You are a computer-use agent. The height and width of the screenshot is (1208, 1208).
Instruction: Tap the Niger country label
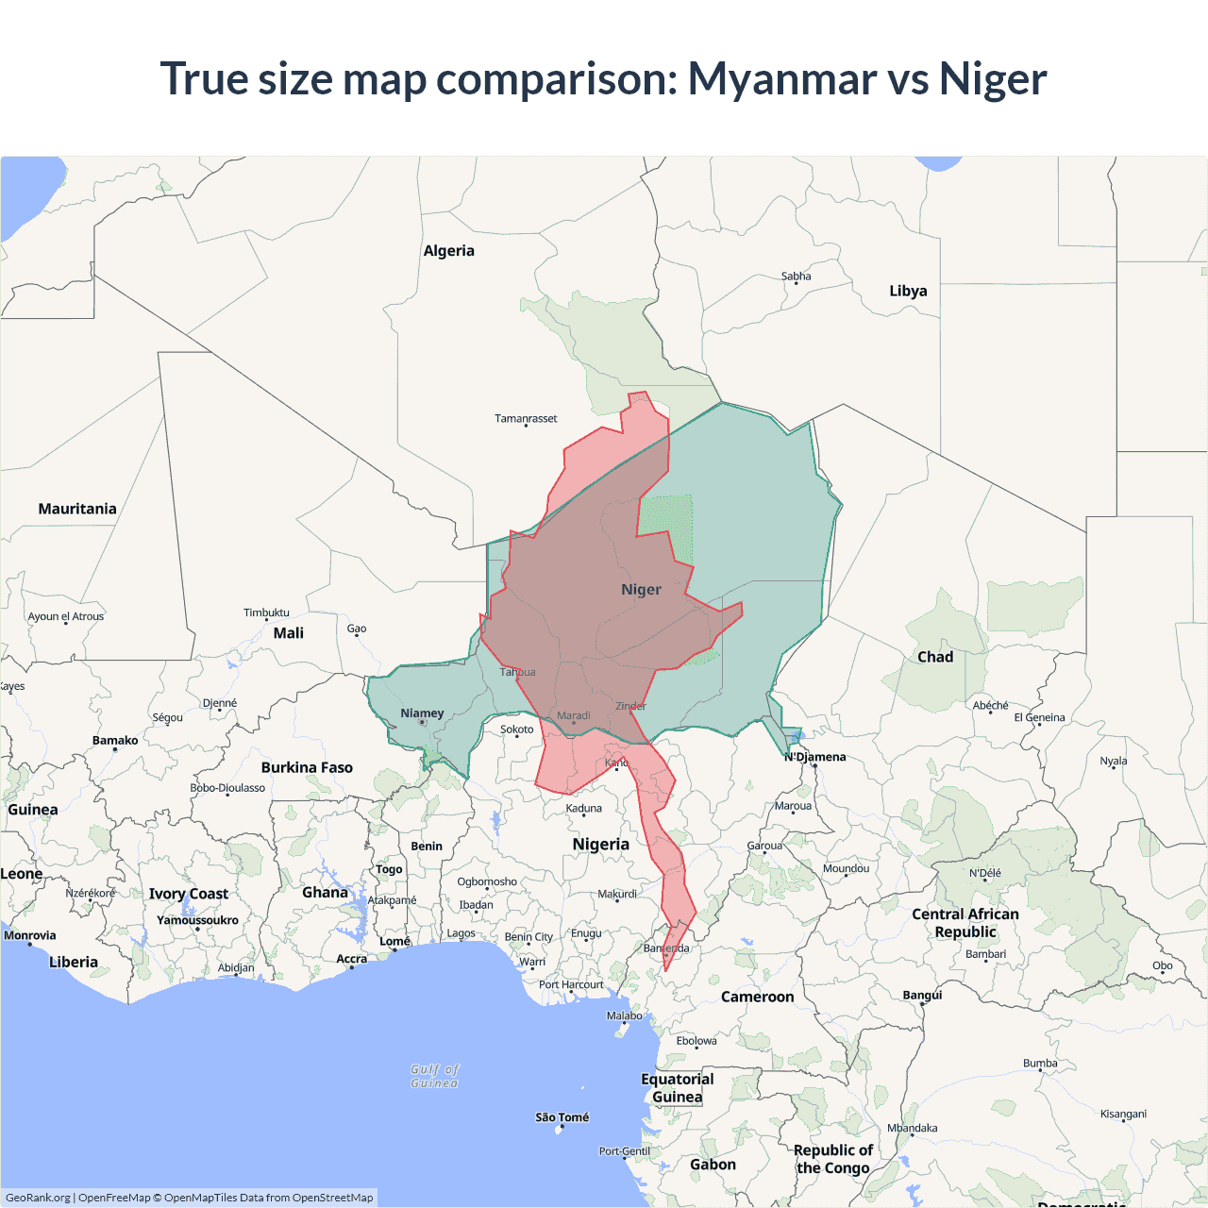point(641,590)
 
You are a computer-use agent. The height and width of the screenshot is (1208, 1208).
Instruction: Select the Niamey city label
point(422,713)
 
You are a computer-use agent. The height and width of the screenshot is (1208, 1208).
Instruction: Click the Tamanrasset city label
point(526,418)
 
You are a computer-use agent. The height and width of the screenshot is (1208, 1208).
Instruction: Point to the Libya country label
point(908,291)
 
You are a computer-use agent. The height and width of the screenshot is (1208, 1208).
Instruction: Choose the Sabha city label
point(796,277)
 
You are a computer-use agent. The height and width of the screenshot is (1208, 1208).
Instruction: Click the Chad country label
point(935,657)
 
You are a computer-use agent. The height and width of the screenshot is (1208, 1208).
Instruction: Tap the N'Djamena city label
point(815,757)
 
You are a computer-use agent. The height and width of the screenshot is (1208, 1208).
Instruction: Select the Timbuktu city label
point(266,612)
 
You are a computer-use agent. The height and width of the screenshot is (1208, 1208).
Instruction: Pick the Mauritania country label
point(77,509)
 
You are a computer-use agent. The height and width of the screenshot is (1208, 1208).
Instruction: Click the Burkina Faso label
point(307,767)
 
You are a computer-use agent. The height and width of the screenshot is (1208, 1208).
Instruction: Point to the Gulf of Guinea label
point(434,1076)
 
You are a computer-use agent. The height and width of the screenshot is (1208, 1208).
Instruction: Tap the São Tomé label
point(562,1117)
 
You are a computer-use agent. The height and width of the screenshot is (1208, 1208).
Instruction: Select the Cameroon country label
point(757,997)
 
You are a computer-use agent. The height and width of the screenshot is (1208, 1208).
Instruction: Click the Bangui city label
point(922,995)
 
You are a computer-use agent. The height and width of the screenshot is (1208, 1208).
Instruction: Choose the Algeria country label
point(448,251)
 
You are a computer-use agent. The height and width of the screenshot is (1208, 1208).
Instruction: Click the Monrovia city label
point(30,935)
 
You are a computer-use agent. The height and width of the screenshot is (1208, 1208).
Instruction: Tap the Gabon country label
point(713,1165)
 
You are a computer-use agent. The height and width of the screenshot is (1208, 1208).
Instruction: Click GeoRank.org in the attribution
point(38,1198)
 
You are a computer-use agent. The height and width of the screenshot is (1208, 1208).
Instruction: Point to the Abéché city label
point(990,705)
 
